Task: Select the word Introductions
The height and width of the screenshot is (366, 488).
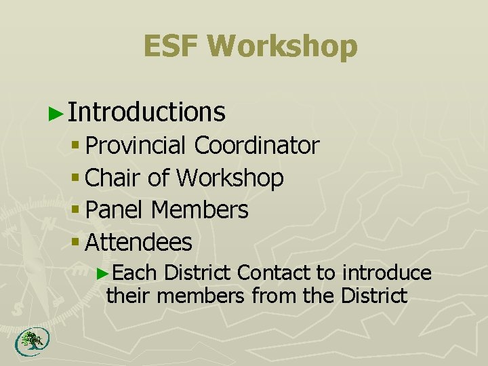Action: pyautogui.click(x=146, y=112)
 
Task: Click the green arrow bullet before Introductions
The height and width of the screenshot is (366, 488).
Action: pyautogui.click(x=57, y=113)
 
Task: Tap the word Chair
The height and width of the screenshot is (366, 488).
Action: pyautogui.click(x=114, y=178)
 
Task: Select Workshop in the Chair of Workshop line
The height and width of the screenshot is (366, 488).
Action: pyautogui.click(x=230, y=178)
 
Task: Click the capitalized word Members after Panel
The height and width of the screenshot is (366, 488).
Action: pyautogui.click(x=199, y=210)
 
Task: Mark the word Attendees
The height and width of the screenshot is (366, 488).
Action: pyautogui.click(x=140, y=242)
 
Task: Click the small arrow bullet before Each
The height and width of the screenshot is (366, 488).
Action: pyautogui.click(x=102, y=274)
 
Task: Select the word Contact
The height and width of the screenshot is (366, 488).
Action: pyautogui.click(x=273, y=273)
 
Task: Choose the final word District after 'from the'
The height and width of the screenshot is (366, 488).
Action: pyautogui.click(x=374, y=296)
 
